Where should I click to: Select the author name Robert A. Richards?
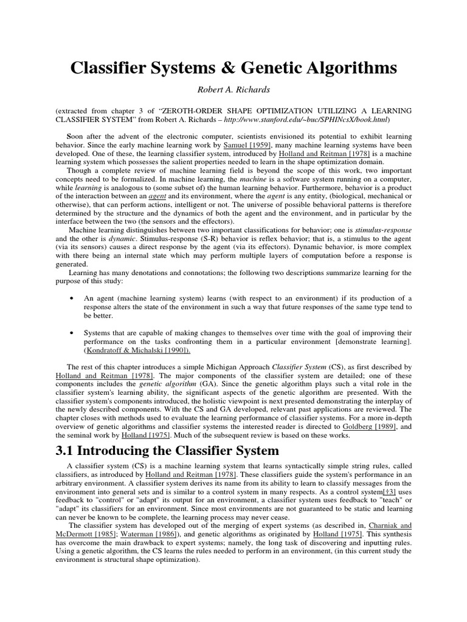[233, 90]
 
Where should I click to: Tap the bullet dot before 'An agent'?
[73, 298]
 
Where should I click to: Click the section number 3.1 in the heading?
[69, 451]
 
